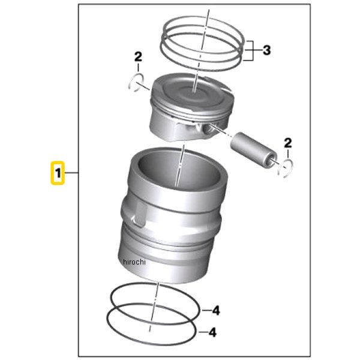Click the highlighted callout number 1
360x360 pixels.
[58, 173]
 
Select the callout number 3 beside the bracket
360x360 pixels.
[266, 50]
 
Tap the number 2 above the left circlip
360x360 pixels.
[138, 57]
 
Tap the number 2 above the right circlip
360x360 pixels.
[288, 143]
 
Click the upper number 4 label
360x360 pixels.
[216, 311]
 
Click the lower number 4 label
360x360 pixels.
[213, 332]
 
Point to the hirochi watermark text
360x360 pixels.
[134, 262]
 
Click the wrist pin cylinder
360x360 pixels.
[253, 150]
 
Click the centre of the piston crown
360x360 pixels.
[194, 91]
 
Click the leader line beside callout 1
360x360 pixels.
[71, 172]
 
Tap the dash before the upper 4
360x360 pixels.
[206, 311]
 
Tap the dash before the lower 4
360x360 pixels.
[203, 332]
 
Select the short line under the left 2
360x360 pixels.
[138, 68]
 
